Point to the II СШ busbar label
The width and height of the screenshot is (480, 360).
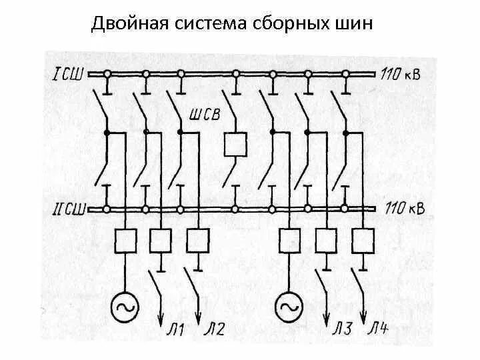click(67, 209)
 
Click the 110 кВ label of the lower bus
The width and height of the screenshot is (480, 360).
click(402, 209)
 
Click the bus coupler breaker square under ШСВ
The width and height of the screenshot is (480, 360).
click(235, 143)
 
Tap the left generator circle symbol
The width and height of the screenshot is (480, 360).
click(125, 305)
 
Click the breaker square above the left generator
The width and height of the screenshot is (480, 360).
click(125, 241)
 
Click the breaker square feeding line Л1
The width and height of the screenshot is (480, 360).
click(161, 241)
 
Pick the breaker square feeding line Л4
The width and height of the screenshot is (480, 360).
click(363, 241)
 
